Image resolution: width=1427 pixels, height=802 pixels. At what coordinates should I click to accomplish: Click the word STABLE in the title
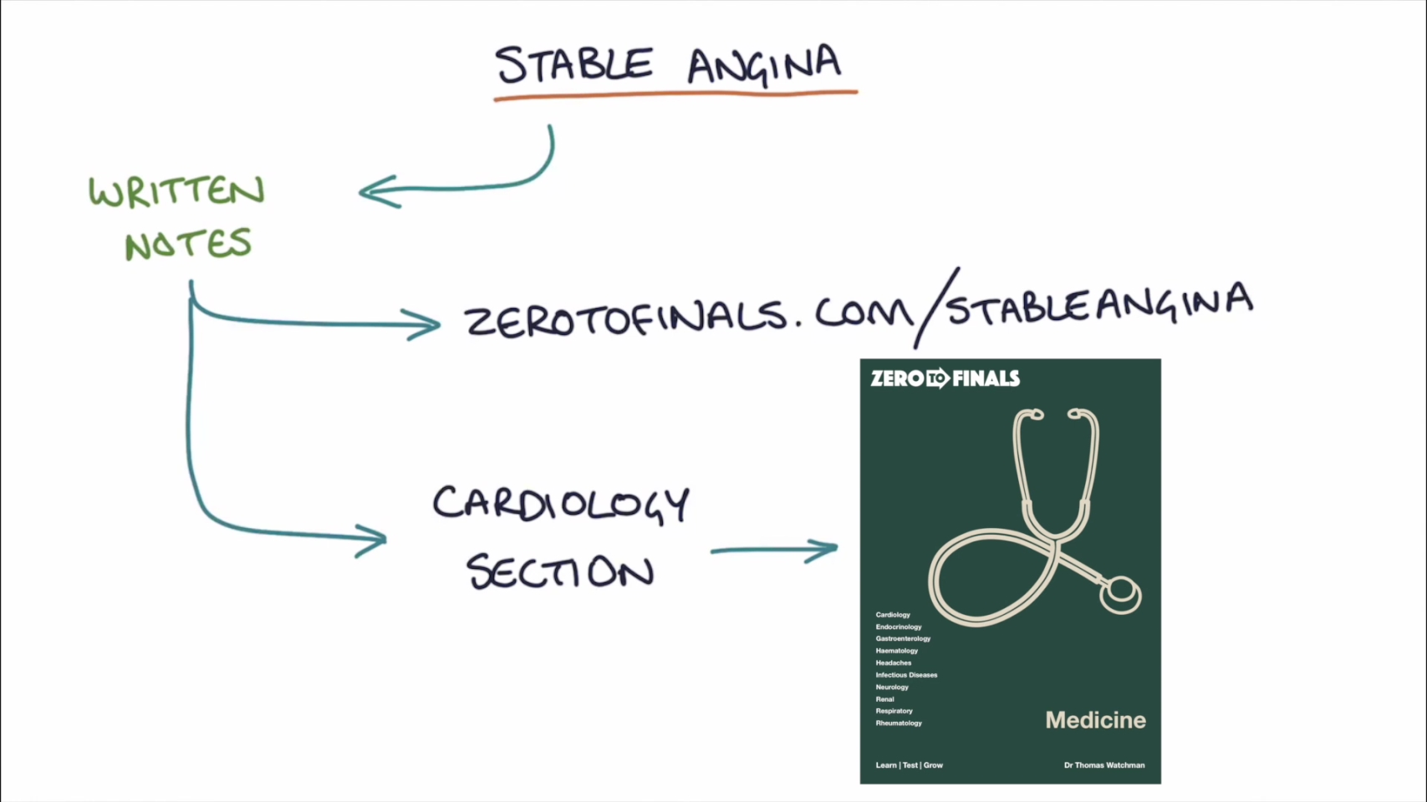[573, 64]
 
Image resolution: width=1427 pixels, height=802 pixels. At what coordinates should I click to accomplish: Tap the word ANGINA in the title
[764, 65]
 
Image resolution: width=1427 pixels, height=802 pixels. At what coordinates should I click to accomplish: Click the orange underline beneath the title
[675, 95]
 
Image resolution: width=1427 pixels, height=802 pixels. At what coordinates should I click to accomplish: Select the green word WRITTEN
[176, 191]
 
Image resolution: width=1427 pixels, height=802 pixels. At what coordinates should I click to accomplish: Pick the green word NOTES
[188, 244]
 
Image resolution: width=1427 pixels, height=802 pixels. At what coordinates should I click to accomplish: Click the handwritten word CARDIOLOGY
[560, 503]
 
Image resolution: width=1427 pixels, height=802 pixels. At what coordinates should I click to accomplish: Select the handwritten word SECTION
[560, 572]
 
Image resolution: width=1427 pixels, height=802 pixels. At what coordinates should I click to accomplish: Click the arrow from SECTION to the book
[773, 550]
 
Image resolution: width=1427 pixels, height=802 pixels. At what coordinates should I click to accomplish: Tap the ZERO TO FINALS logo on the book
[945, 378]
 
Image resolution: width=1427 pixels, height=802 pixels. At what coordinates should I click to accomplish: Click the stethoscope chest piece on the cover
[1120, 593]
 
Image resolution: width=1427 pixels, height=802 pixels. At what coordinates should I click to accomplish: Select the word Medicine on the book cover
[1095, 720]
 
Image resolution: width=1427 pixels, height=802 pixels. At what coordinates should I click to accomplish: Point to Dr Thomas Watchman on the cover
[1103, 765]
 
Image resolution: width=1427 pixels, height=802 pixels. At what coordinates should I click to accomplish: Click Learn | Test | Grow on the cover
[909, 765]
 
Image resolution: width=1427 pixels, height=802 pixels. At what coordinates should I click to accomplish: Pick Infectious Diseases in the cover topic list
[906, 675]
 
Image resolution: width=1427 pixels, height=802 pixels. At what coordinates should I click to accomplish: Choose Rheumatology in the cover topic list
[899, 723]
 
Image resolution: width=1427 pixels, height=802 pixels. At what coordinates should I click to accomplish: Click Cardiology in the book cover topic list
[893, 615]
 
